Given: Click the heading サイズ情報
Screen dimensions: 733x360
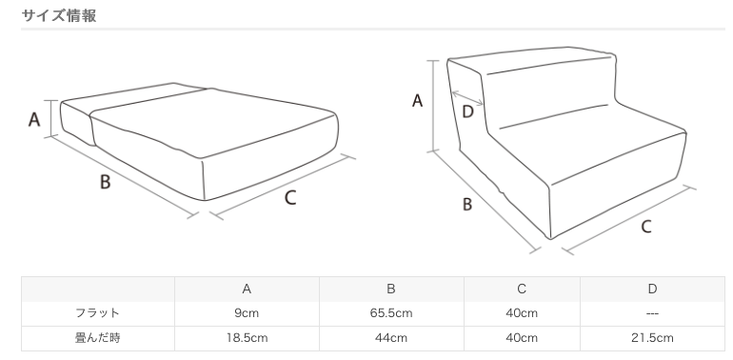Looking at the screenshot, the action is click(x=59, y=15).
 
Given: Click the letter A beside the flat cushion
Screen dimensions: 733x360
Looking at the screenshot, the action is click(x=34, y=120).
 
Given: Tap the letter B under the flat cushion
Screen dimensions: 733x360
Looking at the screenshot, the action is click(x=105, y=181).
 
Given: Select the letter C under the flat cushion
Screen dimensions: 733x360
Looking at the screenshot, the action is click(x=290, y=198).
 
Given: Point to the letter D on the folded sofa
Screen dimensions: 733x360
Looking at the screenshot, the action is click(x=467, y=112).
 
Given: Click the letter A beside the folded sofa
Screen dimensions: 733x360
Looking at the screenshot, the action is click(x=417, y=101).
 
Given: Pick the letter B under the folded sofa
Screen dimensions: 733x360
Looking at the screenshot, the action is click(x=467, y=205).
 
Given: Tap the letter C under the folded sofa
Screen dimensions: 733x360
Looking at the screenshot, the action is click(x=646, y=227).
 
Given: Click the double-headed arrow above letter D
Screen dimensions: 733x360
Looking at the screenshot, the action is click(x=467, y=98).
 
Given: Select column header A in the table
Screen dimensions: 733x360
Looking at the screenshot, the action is click(x=247, y=289).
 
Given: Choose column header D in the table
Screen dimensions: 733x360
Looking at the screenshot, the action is click(x=653, y=289).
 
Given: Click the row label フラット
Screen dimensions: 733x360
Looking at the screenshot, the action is click(x=98, y=312).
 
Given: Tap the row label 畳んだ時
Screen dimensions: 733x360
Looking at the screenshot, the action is click(x=98, y=337).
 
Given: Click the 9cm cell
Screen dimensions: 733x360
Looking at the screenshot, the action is click(x=247, y=313).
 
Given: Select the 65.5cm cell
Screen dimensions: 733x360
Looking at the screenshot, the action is click(x=391, y=313).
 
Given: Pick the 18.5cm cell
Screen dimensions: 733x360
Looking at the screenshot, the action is click(x=247, y=338).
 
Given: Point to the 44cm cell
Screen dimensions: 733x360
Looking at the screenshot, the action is click(x=391, y=338).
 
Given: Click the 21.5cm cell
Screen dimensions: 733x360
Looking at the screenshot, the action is click(x=653, y=338).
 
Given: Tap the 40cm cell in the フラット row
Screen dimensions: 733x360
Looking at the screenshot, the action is click(x=522, y=313).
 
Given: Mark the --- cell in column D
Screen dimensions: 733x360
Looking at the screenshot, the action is click(x=653, y=313).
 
